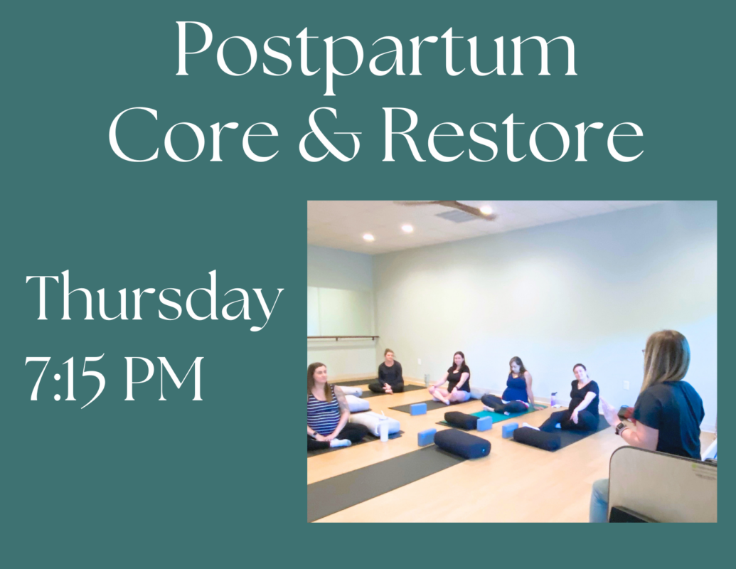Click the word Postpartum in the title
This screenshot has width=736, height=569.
tap(375, 52)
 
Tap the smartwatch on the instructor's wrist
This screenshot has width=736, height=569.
tap(620, 427)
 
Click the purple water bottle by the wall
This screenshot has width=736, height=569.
tap(555, 398)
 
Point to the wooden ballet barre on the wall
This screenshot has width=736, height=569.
tap(343, 338)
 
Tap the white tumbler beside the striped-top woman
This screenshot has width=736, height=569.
tap(384, 429)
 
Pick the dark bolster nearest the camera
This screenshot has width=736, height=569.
tap(462, 443)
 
